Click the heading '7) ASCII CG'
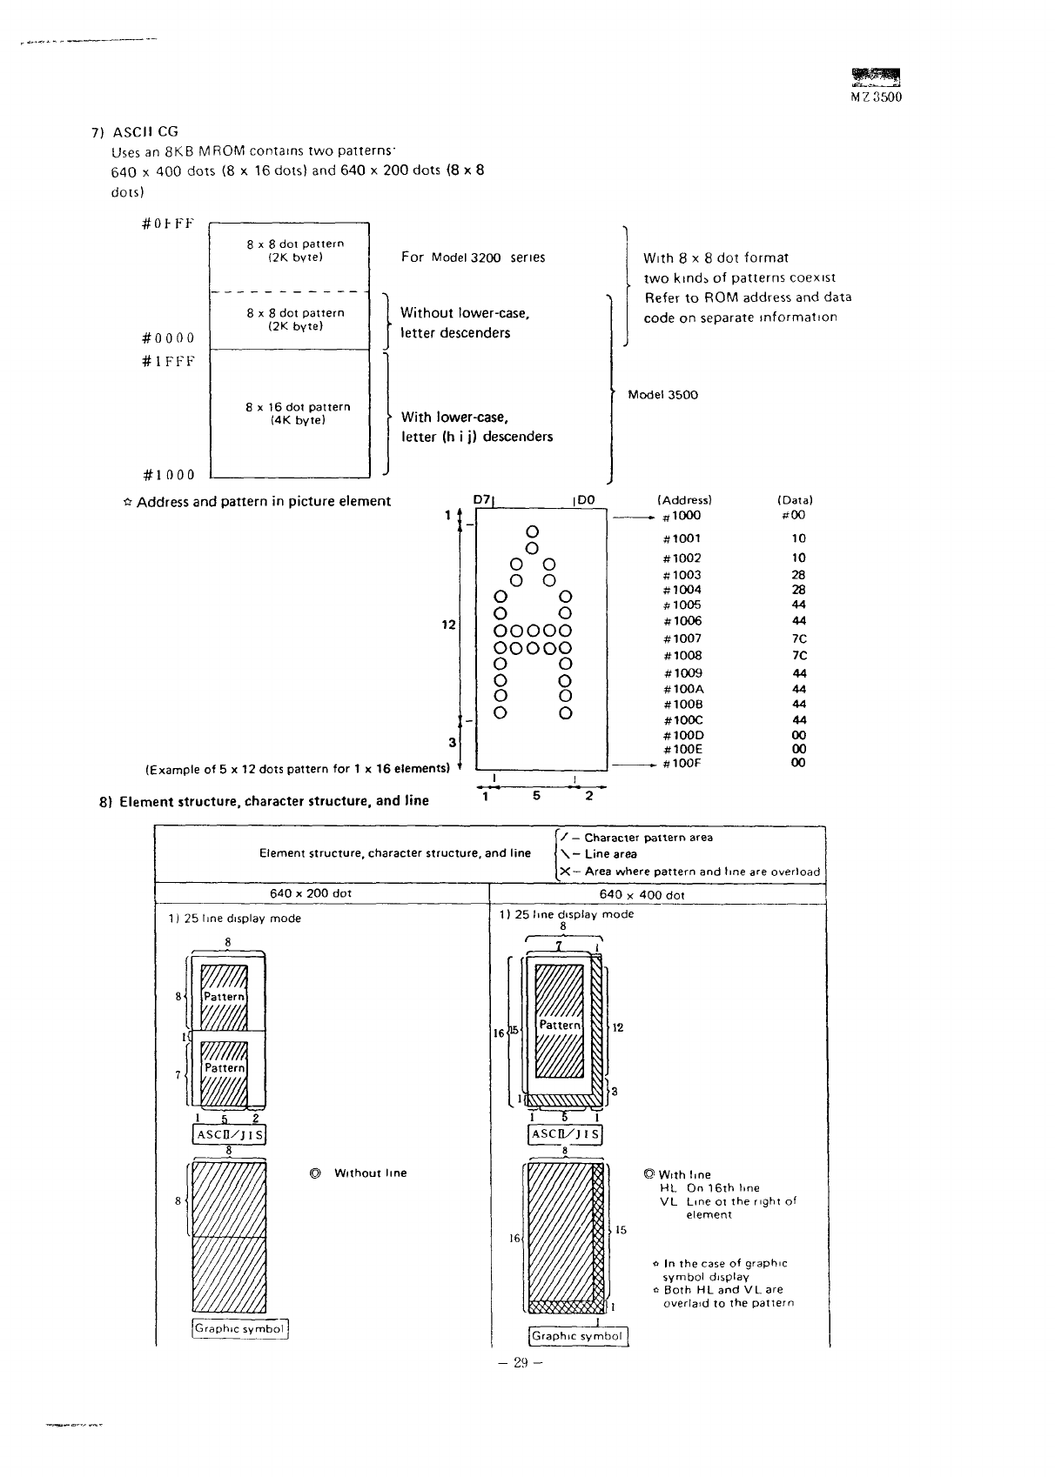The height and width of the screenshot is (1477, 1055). pos(135,131)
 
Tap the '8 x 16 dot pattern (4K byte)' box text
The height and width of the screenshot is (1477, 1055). pos(298,413)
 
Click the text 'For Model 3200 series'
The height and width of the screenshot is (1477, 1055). pos(473,257)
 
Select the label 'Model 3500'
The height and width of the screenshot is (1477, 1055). pos(662,395)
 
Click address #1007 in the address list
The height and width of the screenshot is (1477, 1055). pos(682,638)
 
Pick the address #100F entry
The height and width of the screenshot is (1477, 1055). pos(682,763)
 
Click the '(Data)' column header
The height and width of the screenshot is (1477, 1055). pos(795,500)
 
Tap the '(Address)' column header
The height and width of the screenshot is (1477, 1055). pos(684,500)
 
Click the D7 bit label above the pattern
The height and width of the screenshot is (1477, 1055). pos(481,499)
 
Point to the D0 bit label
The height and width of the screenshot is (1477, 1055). pos(586,499)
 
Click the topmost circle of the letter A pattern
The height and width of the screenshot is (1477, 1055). pos(533,531)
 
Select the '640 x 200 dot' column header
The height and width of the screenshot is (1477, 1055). pos(311,893)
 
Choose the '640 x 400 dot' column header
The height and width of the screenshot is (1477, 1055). pos(642,894)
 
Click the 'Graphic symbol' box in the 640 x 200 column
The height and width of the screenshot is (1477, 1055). pos(239,1328)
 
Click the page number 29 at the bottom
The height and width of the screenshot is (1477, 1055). pos(521,1363)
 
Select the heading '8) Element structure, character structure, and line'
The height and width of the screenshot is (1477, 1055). pos(265,801)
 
